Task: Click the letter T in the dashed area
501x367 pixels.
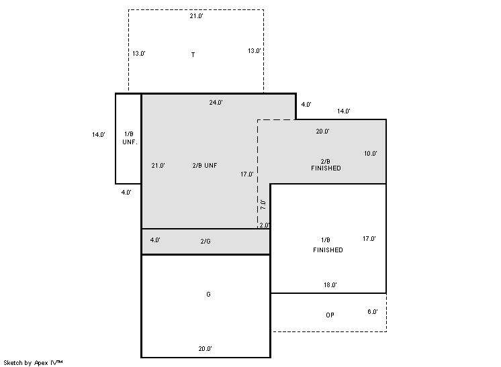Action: (193, 55)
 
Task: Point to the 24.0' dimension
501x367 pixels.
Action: (216, 103)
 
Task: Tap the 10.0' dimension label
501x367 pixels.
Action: (370, 154)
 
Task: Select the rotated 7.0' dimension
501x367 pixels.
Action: (263, 205)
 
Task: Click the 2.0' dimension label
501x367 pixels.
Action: (265, 225)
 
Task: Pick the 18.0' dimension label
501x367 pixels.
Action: (330, 285)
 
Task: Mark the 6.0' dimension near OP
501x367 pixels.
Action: (373, 312)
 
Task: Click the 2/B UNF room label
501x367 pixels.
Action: (205, 165)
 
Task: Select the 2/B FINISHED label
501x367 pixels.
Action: (326, 164)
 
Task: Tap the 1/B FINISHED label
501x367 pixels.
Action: (328, 245)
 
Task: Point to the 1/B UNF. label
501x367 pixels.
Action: (130, 138)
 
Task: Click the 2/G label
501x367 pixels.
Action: (206, 242)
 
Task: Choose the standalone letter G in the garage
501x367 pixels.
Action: (208, 295)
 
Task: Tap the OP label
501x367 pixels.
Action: (330, 315)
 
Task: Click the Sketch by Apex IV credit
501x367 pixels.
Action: (33, 363)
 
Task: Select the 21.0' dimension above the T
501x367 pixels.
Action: (197, 16)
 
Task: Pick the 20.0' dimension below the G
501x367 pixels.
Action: (205, 349)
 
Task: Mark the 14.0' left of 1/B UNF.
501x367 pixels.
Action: (99, 135)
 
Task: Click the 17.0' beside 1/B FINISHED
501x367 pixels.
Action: (369, 239)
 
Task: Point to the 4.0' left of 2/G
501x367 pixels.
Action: (155, 240)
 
